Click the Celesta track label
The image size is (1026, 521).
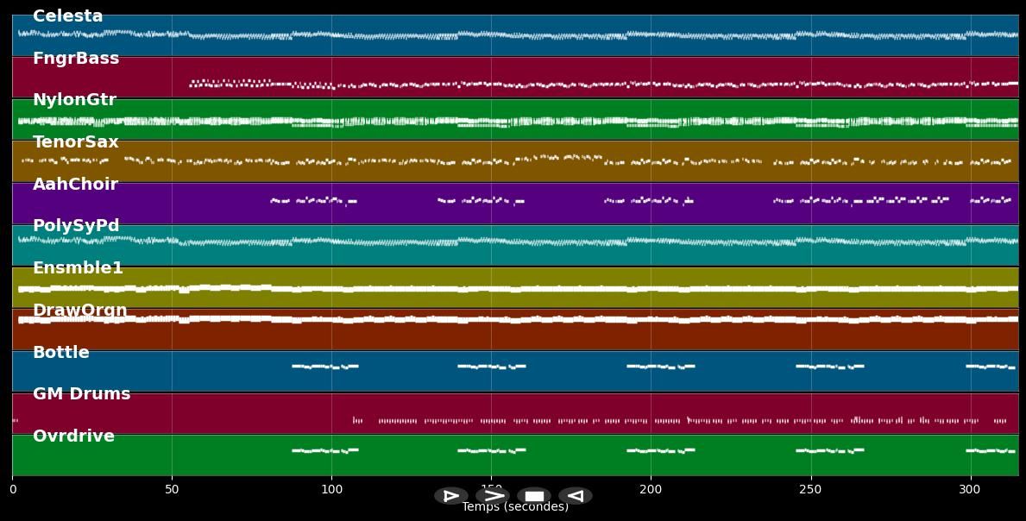tap(67, 16)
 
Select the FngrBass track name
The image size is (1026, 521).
tap(76, 59)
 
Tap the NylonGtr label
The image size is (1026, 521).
tap(74, 100)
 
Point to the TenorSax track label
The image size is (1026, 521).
tap(76, 142)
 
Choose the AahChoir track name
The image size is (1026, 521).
tap(75, 185)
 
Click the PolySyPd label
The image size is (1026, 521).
tap(76, 226)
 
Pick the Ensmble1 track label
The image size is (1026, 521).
tap(78, 268)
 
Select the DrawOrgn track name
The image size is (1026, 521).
tap(79, 311)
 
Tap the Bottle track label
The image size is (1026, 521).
tap(61, 353)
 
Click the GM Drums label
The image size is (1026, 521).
tap(82, 394)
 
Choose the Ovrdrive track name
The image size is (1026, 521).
tap(73, 436)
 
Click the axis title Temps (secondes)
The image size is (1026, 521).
tap(515, 507)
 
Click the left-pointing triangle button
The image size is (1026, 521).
tap(575, 496)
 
